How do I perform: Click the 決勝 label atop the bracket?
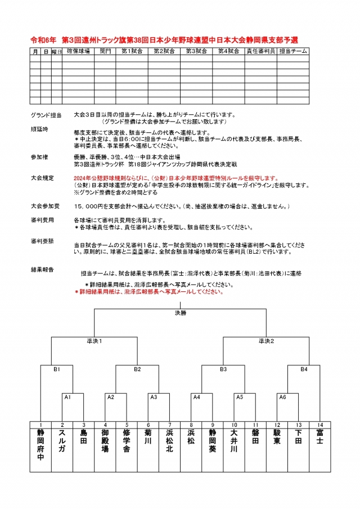pos(179,312)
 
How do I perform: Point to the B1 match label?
pos(57,370)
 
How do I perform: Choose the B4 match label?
pos(304,370)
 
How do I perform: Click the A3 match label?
pos(154,397)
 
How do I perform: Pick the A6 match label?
pos(283,397)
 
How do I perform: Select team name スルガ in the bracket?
pos(62,441)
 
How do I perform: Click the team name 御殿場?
pos(105,441)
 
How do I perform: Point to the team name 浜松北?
pos(170,441)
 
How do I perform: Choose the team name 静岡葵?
pos(213,441)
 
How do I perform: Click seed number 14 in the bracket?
pos(319,424)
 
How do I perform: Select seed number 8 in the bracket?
pos(191,424)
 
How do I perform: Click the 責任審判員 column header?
pos(260,51)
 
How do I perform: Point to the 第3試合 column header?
pos(196,51)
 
